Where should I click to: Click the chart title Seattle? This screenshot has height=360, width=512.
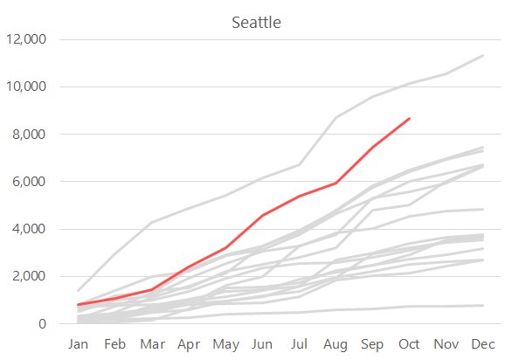tap(256, 23)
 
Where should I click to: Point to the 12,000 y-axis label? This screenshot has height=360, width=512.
tap(26, 39)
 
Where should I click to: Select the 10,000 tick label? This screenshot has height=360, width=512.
tap(26, 87)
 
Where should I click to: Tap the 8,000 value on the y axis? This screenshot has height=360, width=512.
tap(29, 134)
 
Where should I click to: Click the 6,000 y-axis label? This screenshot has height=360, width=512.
tap(29, 181)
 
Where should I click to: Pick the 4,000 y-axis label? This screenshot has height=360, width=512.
tap(29, 229)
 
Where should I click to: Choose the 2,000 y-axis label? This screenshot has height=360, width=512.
tap(29, 276)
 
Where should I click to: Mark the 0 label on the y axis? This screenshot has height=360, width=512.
tap(42, 324)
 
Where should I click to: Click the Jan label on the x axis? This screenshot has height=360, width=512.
tap(78, 344)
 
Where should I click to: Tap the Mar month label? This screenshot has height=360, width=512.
tap(153, 344)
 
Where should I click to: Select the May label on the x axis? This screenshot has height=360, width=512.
tap(226, 344)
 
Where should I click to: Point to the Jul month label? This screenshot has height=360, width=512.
tap(299, 344)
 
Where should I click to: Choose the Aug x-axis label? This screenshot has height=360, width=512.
tap(336, 344)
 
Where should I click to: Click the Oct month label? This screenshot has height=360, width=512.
tap(409, 344)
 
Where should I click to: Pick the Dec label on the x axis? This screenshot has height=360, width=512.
tap(483, 344)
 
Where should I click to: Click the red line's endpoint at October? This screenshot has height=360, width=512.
tap(410, 118)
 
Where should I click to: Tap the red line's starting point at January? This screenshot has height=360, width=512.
tap(79, 304)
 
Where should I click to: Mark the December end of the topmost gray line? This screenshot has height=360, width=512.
tap(482, 56)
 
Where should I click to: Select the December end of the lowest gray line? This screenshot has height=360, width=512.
tap(482, 306)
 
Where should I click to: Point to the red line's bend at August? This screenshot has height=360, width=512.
tap(336, 183)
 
